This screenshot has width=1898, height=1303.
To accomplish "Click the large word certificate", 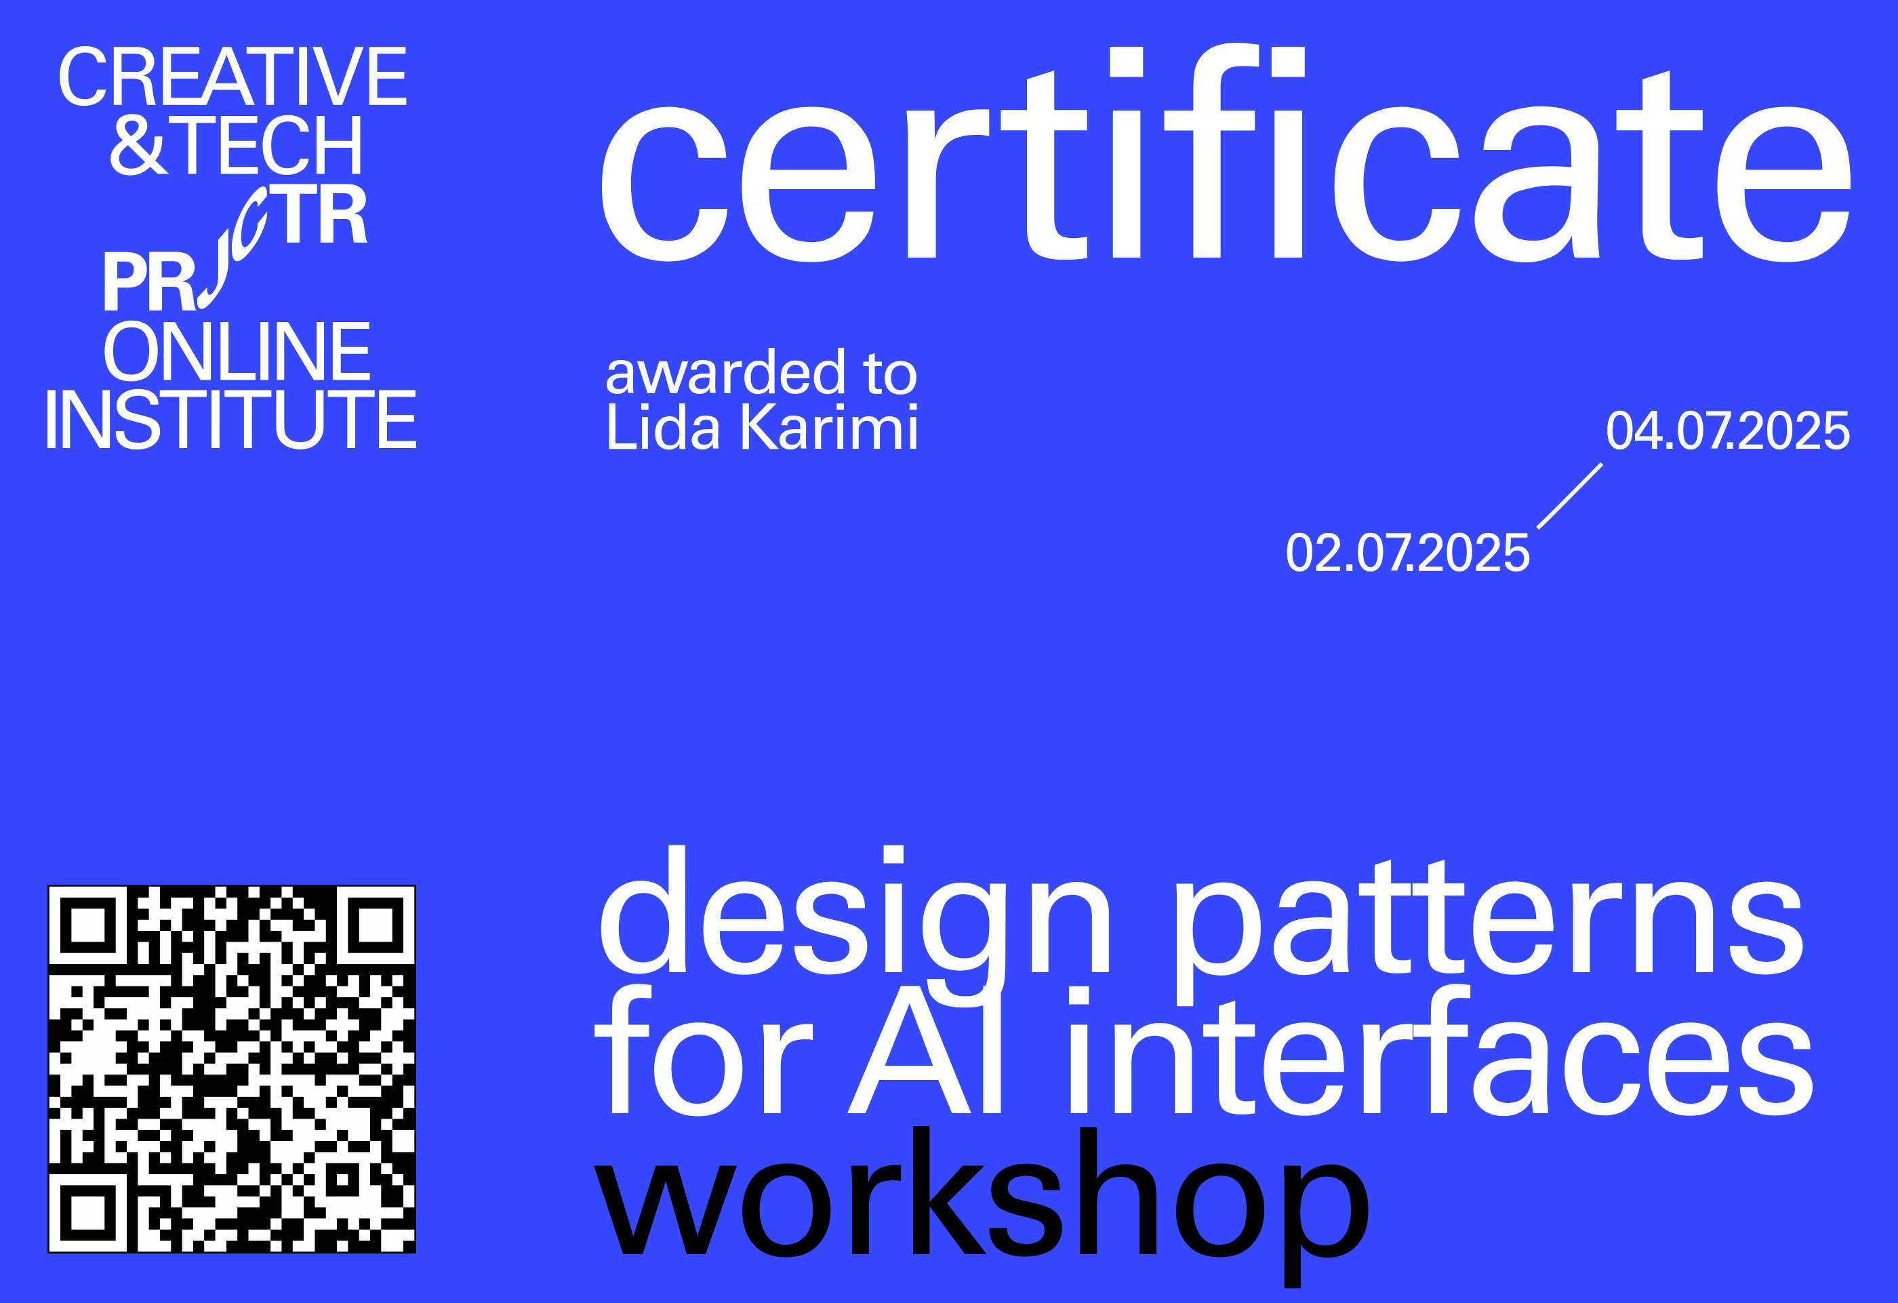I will click(x=1225, y=163).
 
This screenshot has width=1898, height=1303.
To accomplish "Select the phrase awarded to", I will click(x=761, y=374).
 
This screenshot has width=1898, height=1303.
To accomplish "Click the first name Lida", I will click(x=662, y=427).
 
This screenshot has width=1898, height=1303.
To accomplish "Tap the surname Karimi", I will click(x=829, y=427).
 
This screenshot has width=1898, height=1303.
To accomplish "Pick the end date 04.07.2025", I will click(x=1727, y=430).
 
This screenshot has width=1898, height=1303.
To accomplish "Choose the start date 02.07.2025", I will click(x=1407, y=553).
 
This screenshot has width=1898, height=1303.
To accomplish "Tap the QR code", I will click(x=232, y=1068).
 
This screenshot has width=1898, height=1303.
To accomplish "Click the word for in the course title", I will click(x=702, y=1054).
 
